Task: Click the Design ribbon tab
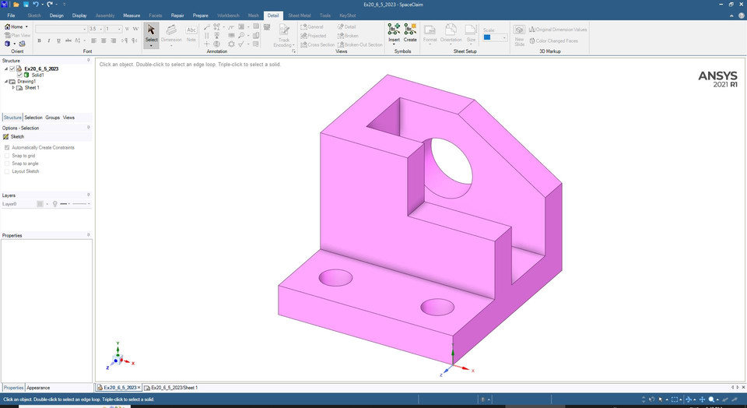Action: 56,16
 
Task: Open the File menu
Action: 11,16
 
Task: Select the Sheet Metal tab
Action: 298,16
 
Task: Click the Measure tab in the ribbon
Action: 132,16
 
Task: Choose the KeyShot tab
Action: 348,16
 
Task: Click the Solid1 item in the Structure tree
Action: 37,75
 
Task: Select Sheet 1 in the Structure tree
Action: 32,88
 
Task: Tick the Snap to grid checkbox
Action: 7,156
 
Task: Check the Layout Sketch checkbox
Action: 7,171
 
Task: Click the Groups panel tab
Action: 52,118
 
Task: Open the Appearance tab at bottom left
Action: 38,388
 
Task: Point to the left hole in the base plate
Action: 335,277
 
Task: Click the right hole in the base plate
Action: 437,307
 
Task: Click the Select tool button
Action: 152,35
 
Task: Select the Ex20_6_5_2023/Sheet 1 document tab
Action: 174,388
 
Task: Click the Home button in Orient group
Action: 16,26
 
